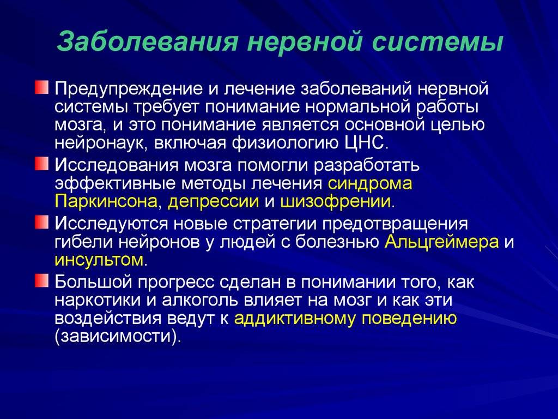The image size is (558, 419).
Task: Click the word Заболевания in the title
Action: tap(147, 41)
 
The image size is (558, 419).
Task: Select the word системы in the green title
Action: tap(438, 42)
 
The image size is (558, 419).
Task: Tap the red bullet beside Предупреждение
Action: tap(41, 87)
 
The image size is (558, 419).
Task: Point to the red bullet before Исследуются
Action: tap(41, 223)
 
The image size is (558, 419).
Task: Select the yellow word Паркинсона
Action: tap(106, 201)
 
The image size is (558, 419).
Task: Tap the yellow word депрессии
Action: tap(213, 202)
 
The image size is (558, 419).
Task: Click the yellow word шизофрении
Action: tap(336, 201)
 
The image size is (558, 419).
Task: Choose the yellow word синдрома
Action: tap(370, 184)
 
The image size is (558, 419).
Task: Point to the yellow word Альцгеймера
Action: tap(441, 242)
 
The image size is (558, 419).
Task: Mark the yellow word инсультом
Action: tap(99, 260)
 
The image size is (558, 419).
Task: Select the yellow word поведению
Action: tap(409, 318)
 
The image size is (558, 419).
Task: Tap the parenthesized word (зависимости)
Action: tap(116, 337)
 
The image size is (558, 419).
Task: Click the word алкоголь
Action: tap(201, 300)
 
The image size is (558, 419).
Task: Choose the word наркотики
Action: tap(98, 301)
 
